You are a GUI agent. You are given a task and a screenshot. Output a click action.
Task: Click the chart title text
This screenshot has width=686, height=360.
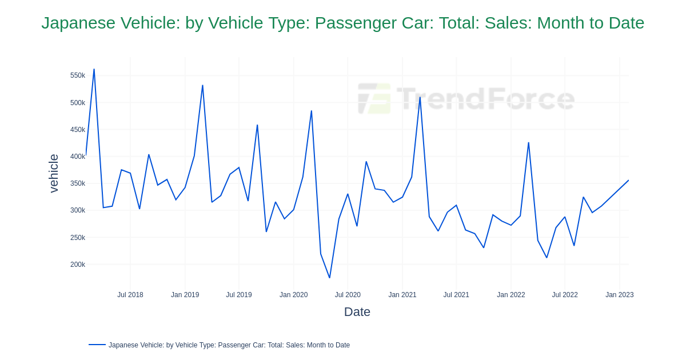[x=342, y=23]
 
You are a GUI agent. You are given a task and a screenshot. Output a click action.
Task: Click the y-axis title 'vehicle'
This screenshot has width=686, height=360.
[x=54, y=173]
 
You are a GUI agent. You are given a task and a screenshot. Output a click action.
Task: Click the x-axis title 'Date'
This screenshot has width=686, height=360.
[x=357, y=312]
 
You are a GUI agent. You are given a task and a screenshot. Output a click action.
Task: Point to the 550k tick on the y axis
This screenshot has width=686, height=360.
[x=78, y=75]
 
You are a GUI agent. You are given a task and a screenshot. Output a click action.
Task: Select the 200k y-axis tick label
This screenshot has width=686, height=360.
[x=78, y=265]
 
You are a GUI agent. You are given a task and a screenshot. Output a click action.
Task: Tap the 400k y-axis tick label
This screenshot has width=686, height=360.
[x=78, y=157]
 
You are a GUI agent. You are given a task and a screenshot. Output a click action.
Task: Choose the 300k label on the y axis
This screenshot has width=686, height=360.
[x=78, y=210]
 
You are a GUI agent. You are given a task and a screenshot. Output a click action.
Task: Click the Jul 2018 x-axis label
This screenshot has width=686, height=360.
[x=130, y=295]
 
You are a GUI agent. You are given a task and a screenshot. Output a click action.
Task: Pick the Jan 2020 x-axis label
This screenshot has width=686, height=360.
[x=293, y=295]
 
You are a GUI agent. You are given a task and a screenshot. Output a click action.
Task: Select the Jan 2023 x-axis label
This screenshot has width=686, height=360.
[x=619, y=295]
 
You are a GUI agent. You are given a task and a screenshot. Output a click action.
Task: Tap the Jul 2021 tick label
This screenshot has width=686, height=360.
[x=456, y=295]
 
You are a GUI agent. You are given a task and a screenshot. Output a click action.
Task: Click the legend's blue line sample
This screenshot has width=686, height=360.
[x=97, y=345]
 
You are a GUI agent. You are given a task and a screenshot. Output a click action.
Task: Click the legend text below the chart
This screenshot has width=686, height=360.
[x=229, y=345]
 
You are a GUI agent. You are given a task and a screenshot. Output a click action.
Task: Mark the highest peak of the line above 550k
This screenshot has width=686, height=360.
[x=94, y=70]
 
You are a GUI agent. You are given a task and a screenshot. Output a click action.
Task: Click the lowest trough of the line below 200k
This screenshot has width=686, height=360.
[x=329, y=278]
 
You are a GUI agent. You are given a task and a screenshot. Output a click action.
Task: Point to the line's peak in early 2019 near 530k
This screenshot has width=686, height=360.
[x=202, y=86]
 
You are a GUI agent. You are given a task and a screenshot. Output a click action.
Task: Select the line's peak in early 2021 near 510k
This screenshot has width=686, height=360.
[x=420, y=97]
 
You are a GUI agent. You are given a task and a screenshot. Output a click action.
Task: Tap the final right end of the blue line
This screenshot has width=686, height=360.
[x=628, y=181]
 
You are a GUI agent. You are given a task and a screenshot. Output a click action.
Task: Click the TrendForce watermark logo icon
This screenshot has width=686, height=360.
[x=374, y=98]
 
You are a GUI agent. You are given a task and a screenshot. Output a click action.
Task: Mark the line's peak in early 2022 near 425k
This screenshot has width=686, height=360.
[x=528, y=143]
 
